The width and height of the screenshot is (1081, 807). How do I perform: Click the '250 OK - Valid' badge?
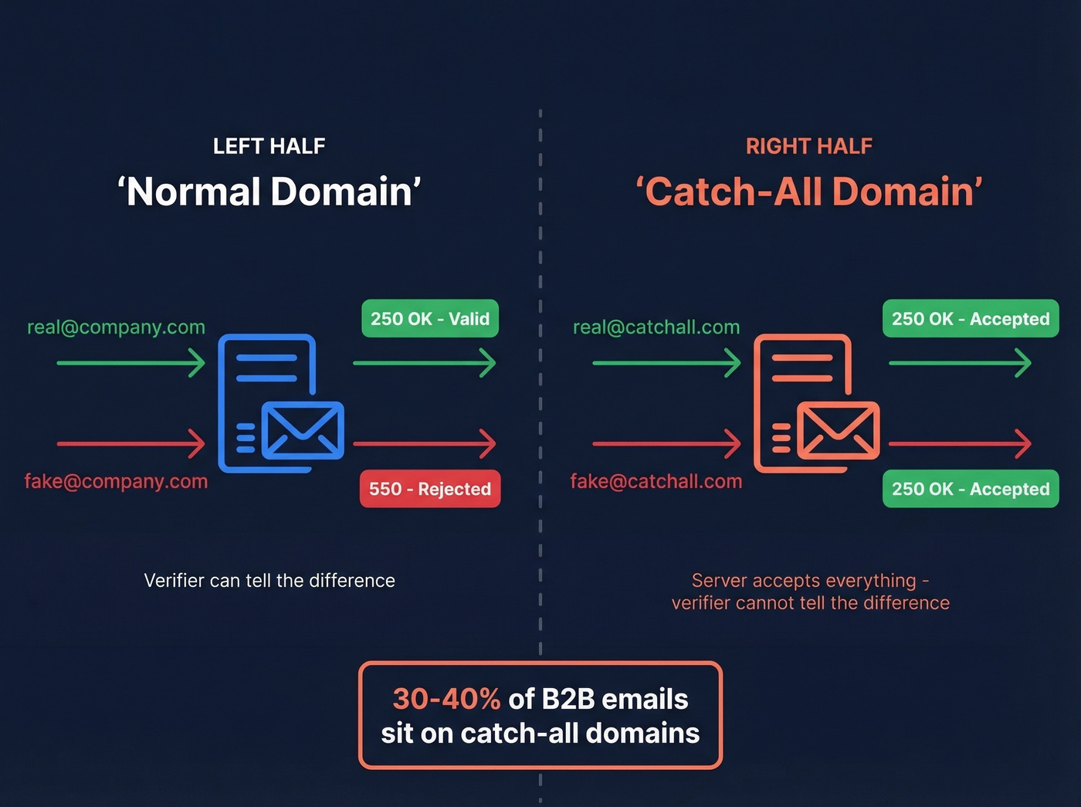pos(430,319)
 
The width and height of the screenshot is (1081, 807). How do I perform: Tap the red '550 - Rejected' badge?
pos(430,489)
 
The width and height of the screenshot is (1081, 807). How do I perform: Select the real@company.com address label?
pos(116,327)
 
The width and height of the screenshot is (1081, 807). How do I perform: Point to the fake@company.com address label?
pos(116,482)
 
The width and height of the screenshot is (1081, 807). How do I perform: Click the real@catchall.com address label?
pos(656,327)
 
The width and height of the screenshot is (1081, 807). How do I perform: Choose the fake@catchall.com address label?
pos(656,482)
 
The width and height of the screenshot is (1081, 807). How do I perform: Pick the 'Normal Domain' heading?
pos(269,192)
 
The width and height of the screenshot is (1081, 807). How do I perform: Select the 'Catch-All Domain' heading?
pos(809,192)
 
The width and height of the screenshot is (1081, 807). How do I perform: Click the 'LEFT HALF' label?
pos(269,146)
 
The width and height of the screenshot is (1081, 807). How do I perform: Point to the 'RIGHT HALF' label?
pos(809,146)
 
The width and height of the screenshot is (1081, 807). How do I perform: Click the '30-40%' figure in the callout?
pos(446,699)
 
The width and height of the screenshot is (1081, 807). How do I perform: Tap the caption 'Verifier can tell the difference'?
pos(269,581)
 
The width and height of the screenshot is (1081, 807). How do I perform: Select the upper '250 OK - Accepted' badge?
pos(971,319)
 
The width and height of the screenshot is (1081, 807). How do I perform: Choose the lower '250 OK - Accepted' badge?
pos(971,489)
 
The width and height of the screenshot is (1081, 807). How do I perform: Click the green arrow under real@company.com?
pos(130,362)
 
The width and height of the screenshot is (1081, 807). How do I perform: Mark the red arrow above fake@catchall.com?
pos(666,444)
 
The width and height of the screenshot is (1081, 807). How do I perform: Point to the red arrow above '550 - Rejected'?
pos(424,444)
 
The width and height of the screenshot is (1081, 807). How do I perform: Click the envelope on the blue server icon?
pos(303,430)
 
